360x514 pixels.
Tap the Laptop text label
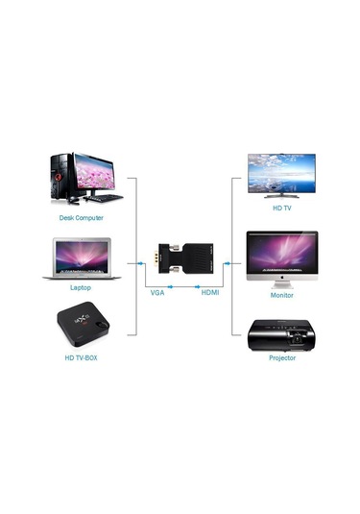point(81,287)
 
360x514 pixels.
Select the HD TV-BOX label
point(84,357)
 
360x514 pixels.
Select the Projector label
point(281,357)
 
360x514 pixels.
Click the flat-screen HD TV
point(281,176)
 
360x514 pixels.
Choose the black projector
point(281,332)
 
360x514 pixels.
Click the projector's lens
point(298,336)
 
